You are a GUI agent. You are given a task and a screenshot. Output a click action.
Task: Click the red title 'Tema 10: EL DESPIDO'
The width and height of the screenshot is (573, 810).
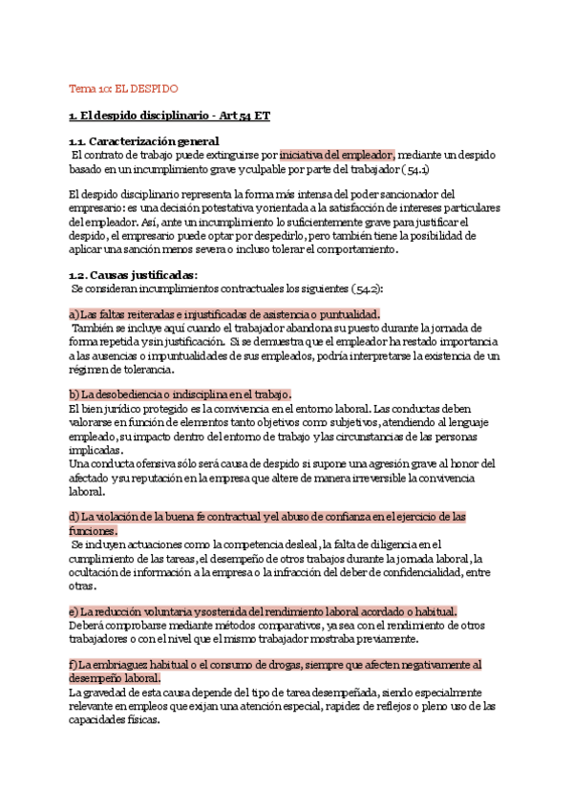pyautogui.click(x=123, y=89)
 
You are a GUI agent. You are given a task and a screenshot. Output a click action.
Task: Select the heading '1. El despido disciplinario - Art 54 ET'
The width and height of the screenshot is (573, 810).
pyautogui.click(x=169, y=117)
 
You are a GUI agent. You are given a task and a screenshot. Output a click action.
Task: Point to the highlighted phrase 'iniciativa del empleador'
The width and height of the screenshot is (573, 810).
pyautogui.click(x=337, y=155)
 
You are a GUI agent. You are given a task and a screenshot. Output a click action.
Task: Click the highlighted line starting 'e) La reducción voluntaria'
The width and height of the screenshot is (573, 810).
pyautogui.click(x=263, y=611)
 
